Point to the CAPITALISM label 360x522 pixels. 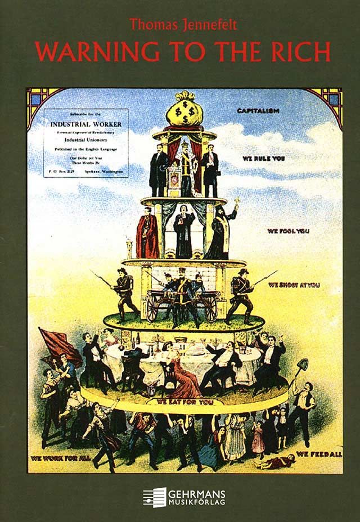tap(258, 111)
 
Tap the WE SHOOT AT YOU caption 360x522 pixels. tap(294, 285)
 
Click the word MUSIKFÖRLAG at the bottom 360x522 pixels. tap(196, 502)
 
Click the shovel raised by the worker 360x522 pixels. tap(302, 366)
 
